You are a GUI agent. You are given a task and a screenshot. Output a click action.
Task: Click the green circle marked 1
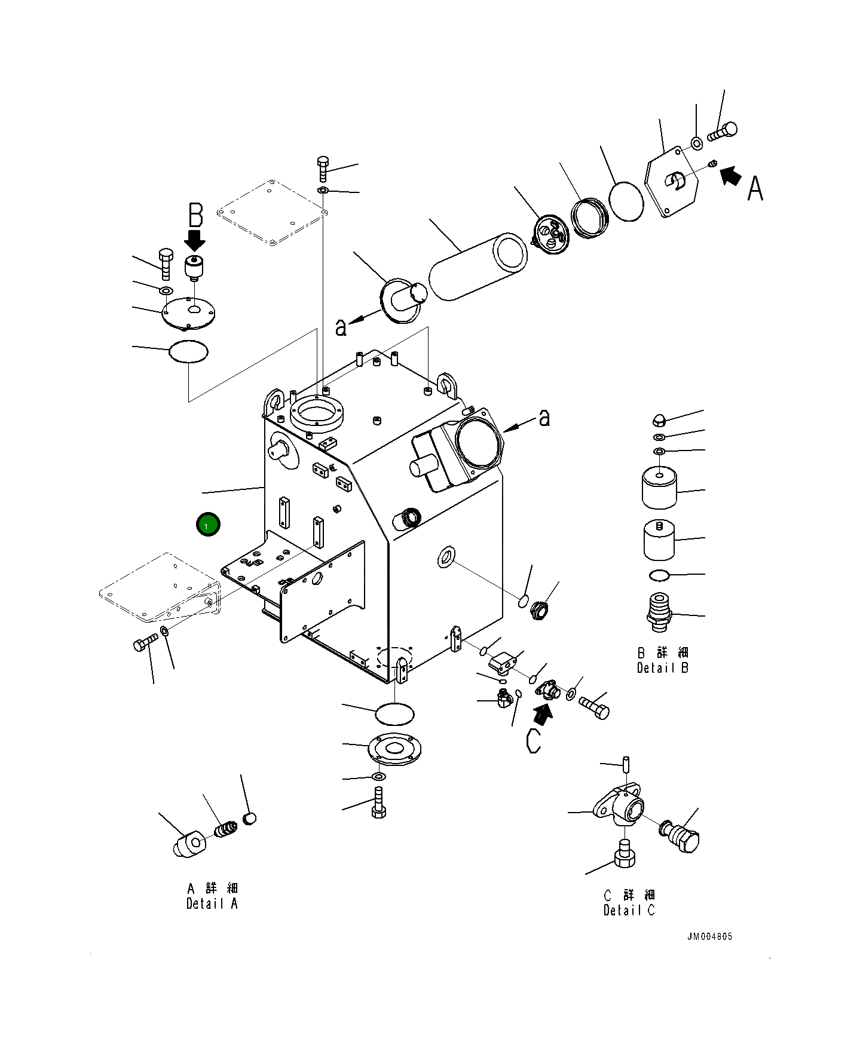click(x=208, y=525)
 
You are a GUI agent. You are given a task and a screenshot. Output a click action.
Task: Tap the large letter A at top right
click(x=755, y=188)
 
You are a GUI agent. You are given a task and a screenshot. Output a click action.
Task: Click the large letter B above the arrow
click(x=195, y=216)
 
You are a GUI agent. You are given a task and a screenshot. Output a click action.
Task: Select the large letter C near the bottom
click(x=533, y=741)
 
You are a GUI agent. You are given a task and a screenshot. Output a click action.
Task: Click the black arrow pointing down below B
click(x=195, y=241)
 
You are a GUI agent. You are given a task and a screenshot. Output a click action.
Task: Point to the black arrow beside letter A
click(x=730, y=176)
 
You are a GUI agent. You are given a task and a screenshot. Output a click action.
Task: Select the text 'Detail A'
click(x=212, y=904)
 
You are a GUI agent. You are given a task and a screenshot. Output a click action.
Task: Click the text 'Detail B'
click(x=662, y=668)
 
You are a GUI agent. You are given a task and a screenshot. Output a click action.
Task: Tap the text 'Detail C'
click(x=629, y=911)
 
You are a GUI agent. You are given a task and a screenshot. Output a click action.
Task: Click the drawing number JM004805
click(x=709, y=936)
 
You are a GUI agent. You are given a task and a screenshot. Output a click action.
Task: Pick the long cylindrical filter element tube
click(x=478, y=266)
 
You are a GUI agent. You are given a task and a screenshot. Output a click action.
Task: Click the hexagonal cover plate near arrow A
click(x=672, y=182)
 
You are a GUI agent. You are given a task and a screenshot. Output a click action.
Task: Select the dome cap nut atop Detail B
click(x=659, y=419)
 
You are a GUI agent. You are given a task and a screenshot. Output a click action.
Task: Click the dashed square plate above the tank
click(x=271, y=212)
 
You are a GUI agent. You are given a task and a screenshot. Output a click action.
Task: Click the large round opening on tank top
click(x=315, y=412)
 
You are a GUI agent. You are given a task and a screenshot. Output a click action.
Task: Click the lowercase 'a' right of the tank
click(x=544, y=418)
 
